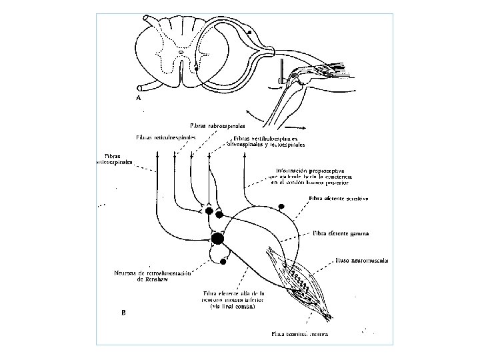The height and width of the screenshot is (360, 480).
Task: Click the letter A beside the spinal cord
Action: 138,97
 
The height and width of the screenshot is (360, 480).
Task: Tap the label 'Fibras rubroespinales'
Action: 217,125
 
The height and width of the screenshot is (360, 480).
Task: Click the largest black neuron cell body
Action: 217,239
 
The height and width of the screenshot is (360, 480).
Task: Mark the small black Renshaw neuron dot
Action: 222,261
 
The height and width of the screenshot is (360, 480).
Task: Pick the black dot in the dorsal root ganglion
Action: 249,32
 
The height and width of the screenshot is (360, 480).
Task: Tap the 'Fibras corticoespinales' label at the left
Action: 115,158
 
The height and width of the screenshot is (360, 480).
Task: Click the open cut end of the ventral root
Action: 140,87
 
